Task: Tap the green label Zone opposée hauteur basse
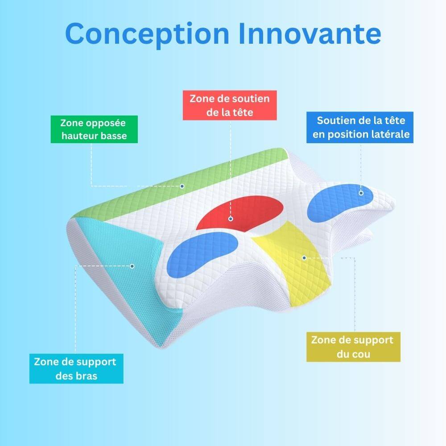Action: tap(94, 129)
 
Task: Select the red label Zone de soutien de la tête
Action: tap(230, 105)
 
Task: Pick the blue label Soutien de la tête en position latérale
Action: tap(359, 127)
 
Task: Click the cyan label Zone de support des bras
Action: tap(76, 369)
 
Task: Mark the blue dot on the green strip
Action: tap(182, 186)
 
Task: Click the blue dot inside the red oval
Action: tap(230, 219)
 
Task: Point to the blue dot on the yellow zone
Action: tap(304, 257)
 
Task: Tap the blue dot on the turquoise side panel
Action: tap(132, 266)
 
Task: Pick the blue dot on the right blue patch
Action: tap(361, 193)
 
